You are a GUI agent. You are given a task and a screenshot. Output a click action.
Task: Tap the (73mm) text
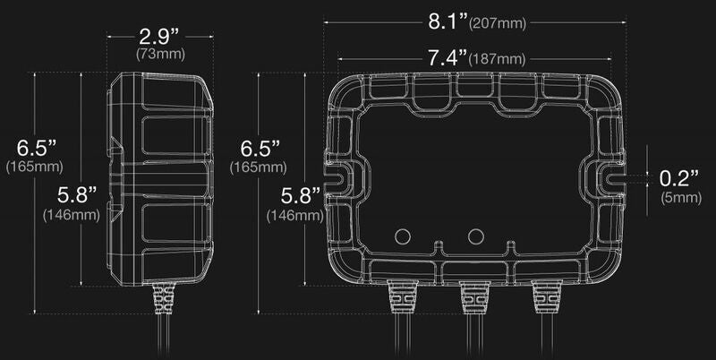tap(161, 56)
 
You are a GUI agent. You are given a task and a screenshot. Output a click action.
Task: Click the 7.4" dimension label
tap(447, 58)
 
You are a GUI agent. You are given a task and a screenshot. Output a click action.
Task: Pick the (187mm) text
tap(497, 60)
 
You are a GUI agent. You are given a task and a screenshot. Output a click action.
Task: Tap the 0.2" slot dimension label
tap(678, 176)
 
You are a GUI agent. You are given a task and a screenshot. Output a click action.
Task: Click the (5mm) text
tap(678, 196)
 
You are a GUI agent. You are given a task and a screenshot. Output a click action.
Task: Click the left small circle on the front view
tap(402, 236)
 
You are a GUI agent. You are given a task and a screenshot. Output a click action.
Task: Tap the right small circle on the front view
tap(476, 236)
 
